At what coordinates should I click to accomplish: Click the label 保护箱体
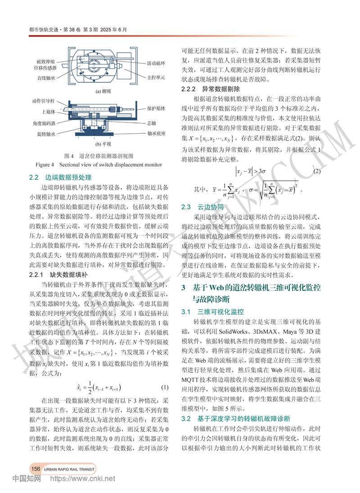(x=157, y=108)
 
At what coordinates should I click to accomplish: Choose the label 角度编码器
(x=44, y=122)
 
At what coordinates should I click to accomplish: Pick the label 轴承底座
(x=157, y=133)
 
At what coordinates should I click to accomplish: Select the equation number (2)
(x=317, y=172)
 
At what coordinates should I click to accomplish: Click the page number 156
(x=36, y=469)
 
